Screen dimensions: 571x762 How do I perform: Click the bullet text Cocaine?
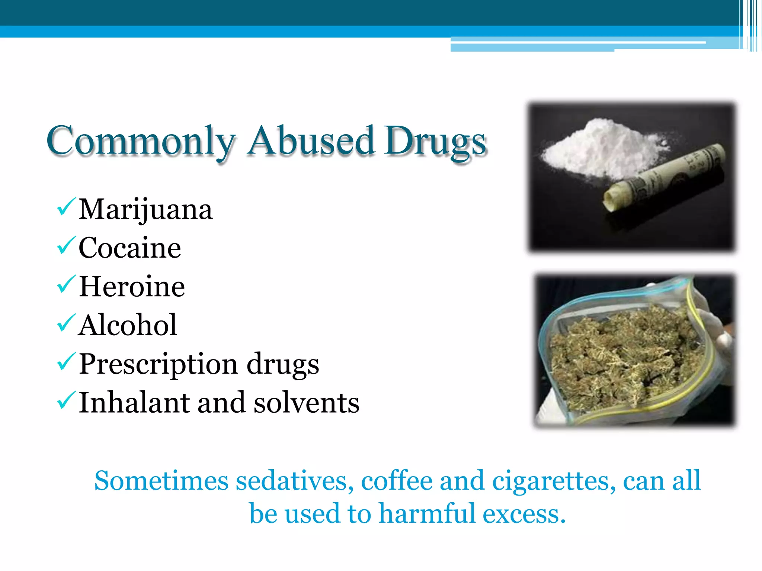pos(129,248)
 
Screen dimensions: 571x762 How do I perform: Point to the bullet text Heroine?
pos(132,287)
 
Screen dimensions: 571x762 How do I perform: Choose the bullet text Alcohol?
pos(128,325)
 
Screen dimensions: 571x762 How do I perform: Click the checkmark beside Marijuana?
pos(66,207)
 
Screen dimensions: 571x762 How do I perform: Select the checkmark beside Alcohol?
pos(66,323)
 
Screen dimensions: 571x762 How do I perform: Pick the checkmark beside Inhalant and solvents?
pos(66,400)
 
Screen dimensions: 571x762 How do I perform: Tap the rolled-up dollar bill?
pos(666,175)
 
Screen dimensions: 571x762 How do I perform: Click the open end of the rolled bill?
pos(611,201)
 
